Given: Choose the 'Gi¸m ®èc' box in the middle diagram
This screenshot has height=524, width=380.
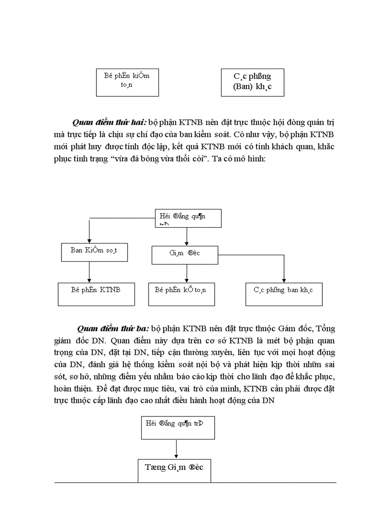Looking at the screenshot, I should pos(185,254).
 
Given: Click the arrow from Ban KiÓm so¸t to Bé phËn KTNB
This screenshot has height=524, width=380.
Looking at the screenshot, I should pos(89,272).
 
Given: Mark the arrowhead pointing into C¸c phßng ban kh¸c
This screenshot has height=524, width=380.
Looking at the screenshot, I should pos(284,279).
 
